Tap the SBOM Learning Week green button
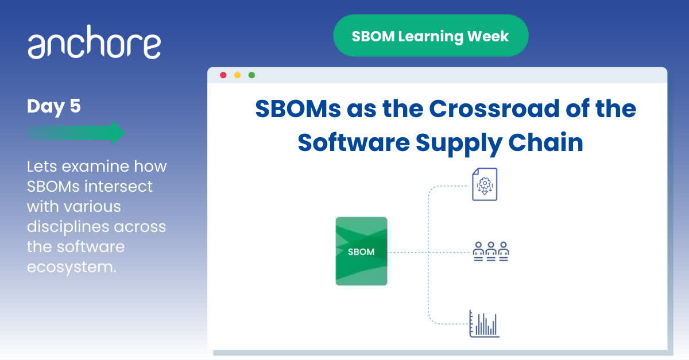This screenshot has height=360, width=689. (431, 36)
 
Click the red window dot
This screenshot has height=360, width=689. (223, 75)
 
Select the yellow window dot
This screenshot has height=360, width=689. (237, 75)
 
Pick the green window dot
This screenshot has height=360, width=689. (251, 75)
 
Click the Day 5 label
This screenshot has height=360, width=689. (54, 106)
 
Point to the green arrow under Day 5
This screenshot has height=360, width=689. (76, 133)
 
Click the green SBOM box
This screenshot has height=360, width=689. (361, 251)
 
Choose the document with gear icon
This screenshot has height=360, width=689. (484, 184)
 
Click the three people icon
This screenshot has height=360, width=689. (491, 251)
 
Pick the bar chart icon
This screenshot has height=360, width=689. (484, 324)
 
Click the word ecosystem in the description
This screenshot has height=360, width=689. (72, 266)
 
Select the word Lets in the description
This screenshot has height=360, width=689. (42, 167)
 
